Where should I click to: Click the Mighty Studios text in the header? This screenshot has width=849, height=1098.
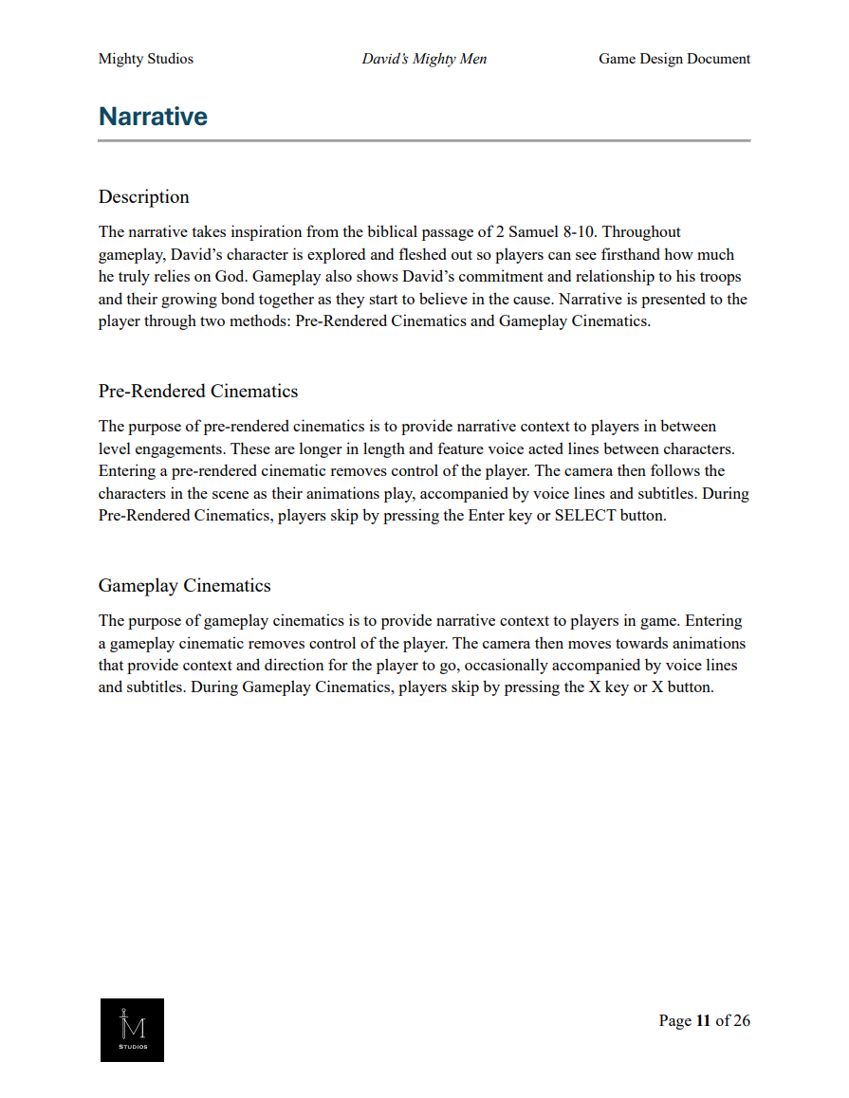(145, 59)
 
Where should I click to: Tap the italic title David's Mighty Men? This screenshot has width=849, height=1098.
(424, 59)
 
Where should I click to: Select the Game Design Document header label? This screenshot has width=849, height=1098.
(674, 59)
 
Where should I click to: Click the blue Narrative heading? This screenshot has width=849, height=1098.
(153, 117)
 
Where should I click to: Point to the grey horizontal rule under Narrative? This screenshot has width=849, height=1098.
(424, 140)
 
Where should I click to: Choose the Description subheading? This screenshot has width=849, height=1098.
(143, 197)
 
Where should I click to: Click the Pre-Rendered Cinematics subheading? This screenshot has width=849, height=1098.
(197, 392)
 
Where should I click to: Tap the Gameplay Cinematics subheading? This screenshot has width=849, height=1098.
(184, 586)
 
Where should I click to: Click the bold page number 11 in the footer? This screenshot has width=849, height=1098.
(703, 1020)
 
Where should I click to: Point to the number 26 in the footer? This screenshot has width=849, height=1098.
(741, 1020)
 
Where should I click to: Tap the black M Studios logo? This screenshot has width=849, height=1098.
(132, 1030)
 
